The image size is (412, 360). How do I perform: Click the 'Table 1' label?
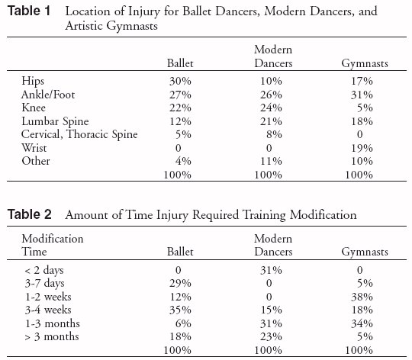coord(29,11)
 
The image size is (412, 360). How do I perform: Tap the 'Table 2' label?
coord(30,214)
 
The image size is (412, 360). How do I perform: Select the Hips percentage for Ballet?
coord(180,81)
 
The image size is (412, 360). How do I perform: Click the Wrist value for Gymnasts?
coord(362,148)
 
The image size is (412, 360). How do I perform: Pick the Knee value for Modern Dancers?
coord(271,108)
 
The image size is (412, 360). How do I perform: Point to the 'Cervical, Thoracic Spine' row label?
coord(79,134)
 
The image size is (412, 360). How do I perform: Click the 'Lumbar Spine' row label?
coord(55,121)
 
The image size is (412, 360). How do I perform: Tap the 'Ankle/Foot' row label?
coord(48,95)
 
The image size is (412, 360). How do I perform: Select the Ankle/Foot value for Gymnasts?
coord(362,95)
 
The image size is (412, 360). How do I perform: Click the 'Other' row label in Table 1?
coord(36,161)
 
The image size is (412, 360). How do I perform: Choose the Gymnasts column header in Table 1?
coord(365,63)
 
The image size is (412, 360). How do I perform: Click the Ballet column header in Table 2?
coord(180,252)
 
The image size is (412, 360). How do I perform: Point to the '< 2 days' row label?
coord(44,270)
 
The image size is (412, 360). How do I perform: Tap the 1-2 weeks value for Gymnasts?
coord(362,297)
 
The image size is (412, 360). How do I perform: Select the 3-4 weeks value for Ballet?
coord(180,310)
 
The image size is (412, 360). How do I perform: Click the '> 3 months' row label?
coord(52,336)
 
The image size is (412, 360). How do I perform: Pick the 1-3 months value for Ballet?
coord(183,323)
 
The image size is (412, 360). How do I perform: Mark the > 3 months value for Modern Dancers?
coord(271,336)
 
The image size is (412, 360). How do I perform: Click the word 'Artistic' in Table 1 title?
coord(84,26)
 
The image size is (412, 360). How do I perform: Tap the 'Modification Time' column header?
coord(53,245)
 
